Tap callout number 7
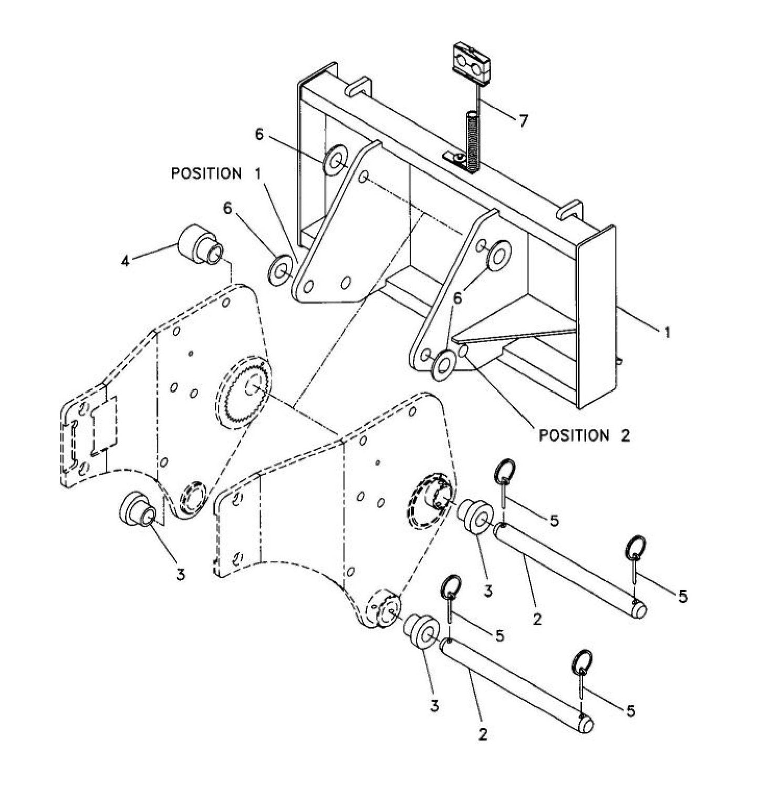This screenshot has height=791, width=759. [522, 121]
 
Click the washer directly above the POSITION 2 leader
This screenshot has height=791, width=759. [445, 363]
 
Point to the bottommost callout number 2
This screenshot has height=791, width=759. [483, 734]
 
